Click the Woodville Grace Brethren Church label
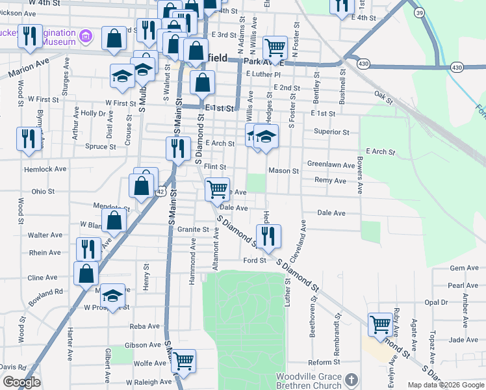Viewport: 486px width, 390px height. tap(308, 381)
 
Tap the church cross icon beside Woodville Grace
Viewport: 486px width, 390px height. tap(351, 379)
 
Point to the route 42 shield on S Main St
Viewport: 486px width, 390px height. tap(160, 191)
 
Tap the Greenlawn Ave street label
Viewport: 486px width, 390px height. tap(331, 165)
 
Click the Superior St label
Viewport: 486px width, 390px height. tap(331, 132)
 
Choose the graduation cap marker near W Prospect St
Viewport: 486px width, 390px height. tap(112, 296)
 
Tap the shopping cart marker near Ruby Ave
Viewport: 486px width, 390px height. tap(380, 324)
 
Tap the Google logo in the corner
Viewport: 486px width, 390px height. tap(21, 382)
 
